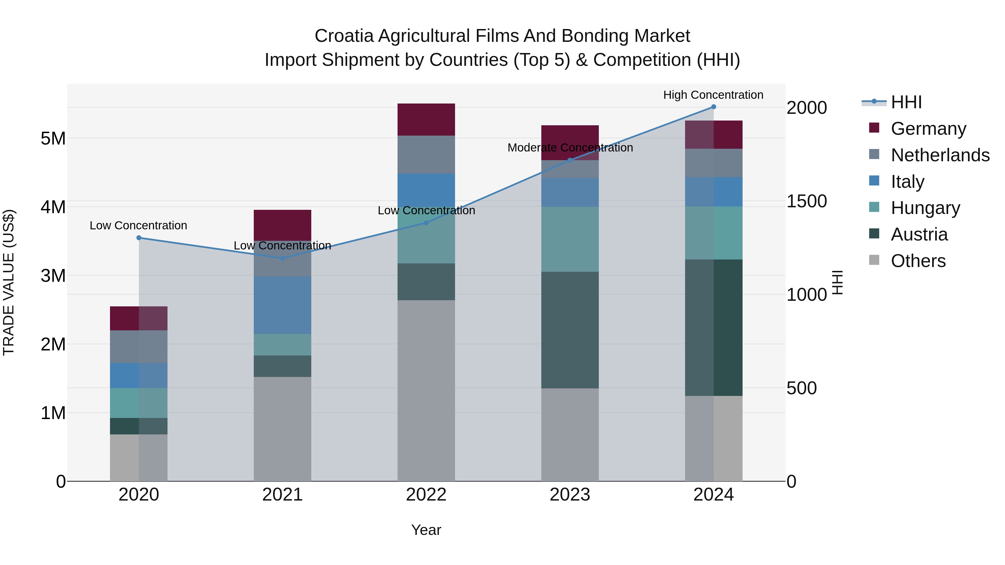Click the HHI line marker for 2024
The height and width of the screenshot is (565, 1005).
coord(714,107)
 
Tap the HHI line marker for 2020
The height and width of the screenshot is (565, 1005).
coord(139,238)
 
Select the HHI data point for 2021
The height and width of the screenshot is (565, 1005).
coord(283,258)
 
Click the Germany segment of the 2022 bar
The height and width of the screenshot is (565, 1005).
coord(426,120)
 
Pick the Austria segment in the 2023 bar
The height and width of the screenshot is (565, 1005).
coord(569,330)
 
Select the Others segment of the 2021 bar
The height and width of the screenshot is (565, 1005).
coord(283,429)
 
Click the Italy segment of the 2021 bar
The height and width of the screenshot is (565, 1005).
coord(283,305)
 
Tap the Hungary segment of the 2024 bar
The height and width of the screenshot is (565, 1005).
coord(714,233)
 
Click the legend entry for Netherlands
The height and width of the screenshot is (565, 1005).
coord(940,155)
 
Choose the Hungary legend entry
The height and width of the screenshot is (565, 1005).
coord(925,208)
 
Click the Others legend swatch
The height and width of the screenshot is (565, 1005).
coord(874,260)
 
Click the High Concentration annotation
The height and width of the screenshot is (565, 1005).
coord(713,95)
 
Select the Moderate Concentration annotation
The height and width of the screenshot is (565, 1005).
coord(570,148)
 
